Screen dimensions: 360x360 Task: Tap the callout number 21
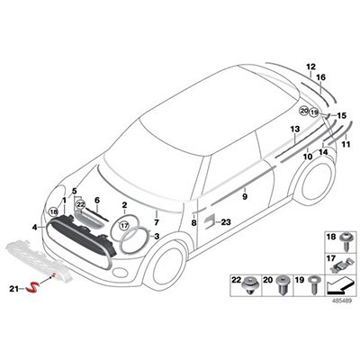[38, 289]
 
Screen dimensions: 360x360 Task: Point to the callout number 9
[244, 193]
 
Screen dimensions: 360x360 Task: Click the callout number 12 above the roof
[310, 67]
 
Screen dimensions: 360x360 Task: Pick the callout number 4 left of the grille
[35, 229]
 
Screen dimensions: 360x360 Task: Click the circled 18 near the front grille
[53, 211]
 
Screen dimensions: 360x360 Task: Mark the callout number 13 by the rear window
[294, 130]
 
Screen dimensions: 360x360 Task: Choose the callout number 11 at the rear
[346, 144]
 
